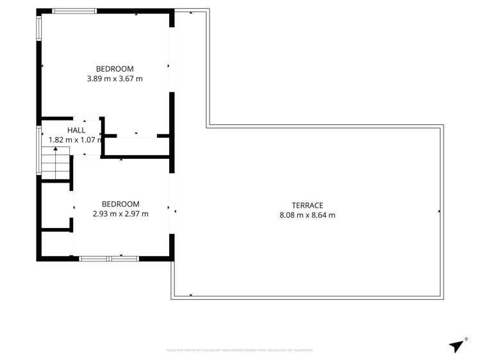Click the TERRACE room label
coord(307,205)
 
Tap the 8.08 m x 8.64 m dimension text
coord(307,215)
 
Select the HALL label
coord(76,130)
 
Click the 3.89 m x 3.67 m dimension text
coord(115,79)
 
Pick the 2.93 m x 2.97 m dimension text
coord(120,214)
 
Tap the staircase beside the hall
coord(56,163)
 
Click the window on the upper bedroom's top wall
coord(74,11)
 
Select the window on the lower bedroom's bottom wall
coord(109,258)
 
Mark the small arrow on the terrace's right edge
coord(439,211)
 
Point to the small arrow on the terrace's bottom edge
coord(191,295)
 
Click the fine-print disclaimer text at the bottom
coord(240,350)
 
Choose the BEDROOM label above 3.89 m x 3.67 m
coord(115,69)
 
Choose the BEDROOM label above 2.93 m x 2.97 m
coord(120,204)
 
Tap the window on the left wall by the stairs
coord(39,150)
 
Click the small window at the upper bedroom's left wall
coord(39,28)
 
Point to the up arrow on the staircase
coord(56,150)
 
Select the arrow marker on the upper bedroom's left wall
coord(43,66)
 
